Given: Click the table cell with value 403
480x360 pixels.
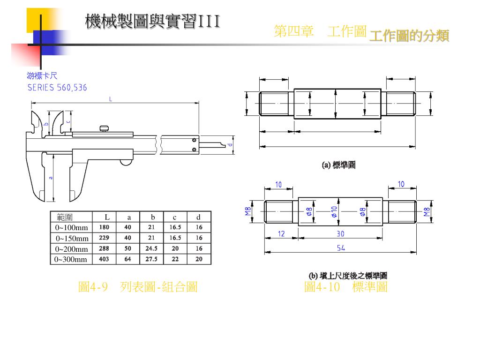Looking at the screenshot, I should (x=104, y=259).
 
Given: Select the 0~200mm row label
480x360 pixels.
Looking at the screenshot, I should (x=72, y=249).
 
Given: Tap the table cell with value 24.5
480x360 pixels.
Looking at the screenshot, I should (x=151, y=248).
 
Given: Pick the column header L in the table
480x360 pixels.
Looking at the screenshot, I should (x=107, y=217).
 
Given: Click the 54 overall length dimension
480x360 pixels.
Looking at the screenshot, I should (x=341, y=248).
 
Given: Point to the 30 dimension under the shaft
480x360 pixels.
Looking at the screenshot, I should (x=341, y=233).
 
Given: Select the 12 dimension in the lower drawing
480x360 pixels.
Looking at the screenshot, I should (x=281, y=233).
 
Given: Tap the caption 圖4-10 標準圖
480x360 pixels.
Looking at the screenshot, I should (x=345, y=287).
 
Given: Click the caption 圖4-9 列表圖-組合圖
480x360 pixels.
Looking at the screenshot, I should (x=137, y=287).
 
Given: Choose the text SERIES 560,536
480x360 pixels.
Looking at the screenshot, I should (x=57, y=88).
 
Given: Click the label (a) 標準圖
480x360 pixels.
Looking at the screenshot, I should (x=338, y=165).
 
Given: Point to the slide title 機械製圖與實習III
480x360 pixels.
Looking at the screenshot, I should (x=152, y=22).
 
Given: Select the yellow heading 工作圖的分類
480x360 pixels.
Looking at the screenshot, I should (x=409, y=36).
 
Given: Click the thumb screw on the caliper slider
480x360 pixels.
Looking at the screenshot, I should (x=104, y=127).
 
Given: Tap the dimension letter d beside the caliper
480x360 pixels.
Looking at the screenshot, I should (x=230, y=145).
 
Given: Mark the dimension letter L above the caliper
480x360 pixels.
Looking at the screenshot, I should (x=111, y=99).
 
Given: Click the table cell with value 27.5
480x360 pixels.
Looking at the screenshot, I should (x=151, y=259).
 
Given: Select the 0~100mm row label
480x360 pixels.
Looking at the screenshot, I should (x=72, y=227).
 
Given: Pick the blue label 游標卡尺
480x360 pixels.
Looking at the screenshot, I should (x=42, y=75).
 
